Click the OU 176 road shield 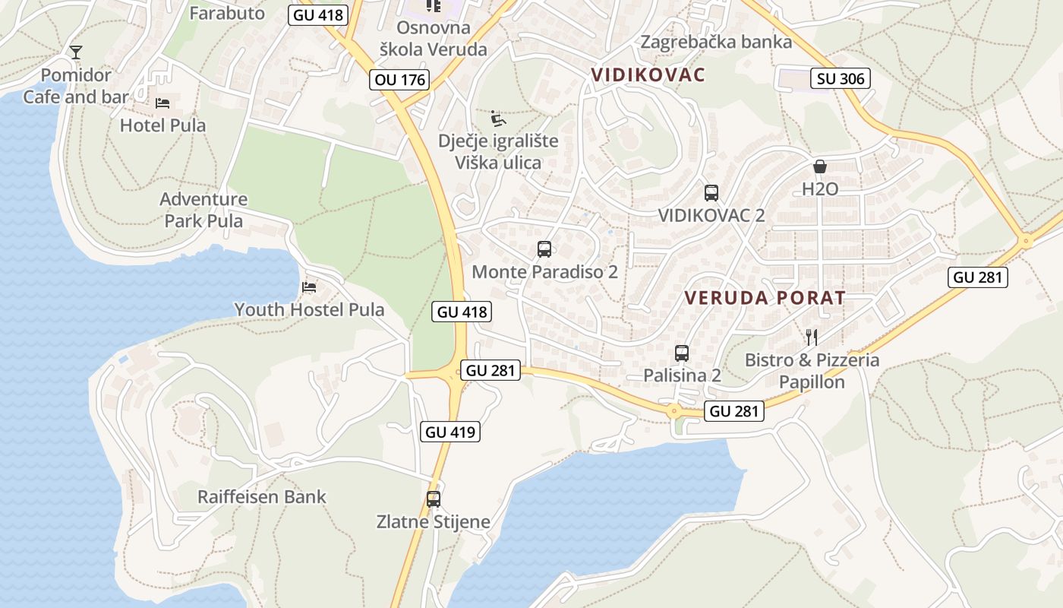[400, 79]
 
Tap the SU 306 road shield [840, 78]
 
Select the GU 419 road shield [450, 432]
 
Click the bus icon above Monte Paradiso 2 [544, 249]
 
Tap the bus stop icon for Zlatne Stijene [434, 499]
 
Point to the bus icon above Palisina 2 [682, 353]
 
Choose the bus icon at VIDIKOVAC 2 [711, 193]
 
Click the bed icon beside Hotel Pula [162, 103]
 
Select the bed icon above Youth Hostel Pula [309, 287]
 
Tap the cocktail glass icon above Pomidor [76, 52]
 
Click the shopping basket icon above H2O [820, 166]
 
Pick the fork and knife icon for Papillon [812, 337]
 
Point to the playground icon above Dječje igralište [498, 119]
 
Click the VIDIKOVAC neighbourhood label [648, 74]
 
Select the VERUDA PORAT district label [765, 298]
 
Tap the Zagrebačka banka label [716, 42]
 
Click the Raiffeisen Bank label [262, 497]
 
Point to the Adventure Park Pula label [203, 210]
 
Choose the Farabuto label [227, 13]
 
